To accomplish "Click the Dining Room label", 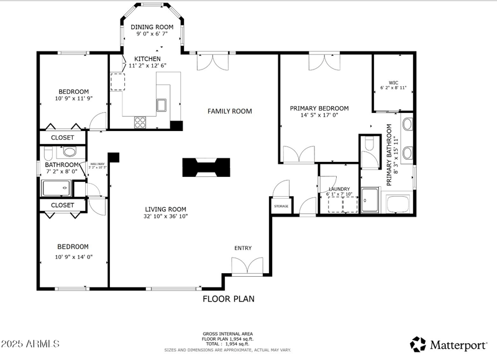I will tap(151, 27).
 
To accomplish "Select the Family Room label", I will tap(229, 111).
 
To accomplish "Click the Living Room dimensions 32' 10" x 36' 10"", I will tap(166, 217).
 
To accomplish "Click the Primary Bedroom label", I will tap(319, 108).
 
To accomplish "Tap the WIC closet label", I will tap(393, 82).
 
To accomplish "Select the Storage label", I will tap(281, 207).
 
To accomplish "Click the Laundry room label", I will tap(339, 189).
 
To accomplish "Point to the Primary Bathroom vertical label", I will tap(390, 155).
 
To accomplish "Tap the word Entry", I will tap(243, 248).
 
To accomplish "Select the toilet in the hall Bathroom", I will tap(69, 151).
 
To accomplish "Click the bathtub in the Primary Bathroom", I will tap(398, 204).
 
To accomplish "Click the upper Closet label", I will tap(62, 137).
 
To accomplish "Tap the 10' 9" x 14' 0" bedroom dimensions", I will tap(73, 256).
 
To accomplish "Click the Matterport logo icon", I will tap(418, 343).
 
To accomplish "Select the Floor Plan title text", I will tap(228, 299).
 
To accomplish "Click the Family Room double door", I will tap(209, 61).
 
